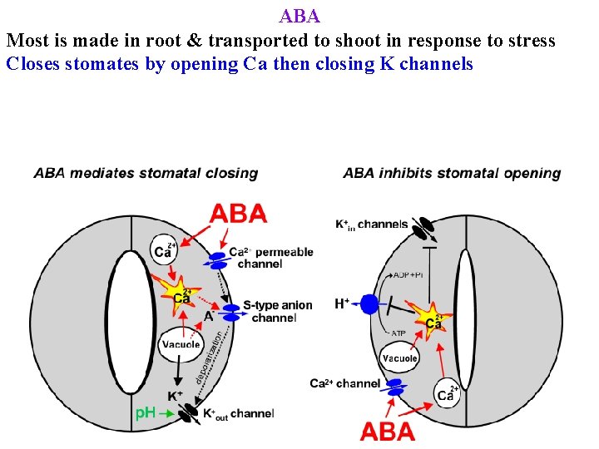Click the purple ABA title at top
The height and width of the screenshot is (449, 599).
pos(299,16)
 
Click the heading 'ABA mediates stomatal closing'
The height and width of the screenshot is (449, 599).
pos(146,173)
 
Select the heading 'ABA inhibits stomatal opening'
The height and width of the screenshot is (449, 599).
pos(452,173)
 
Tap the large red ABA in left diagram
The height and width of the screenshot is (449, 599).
pos(238,214)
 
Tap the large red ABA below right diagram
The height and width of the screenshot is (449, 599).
pos(387,432)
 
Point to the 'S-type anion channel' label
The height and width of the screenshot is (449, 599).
pos(277,312)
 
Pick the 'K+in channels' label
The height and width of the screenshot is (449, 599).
pos(372,224)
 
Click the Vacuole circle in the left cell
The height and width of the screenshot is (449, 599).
pos(181,344)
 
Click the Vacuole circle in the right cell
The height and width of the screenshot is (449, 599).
pos(399,358)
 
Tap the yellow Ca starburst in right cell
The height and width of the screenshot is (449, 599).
pos(433,320)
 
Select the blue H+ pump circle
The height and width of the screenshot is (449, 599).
pos(369,305)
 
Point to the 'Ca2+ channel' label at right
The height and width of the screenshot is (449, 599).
pos(344,383)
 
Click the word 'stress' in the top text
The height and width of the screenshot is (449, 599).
pos(530,41)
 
